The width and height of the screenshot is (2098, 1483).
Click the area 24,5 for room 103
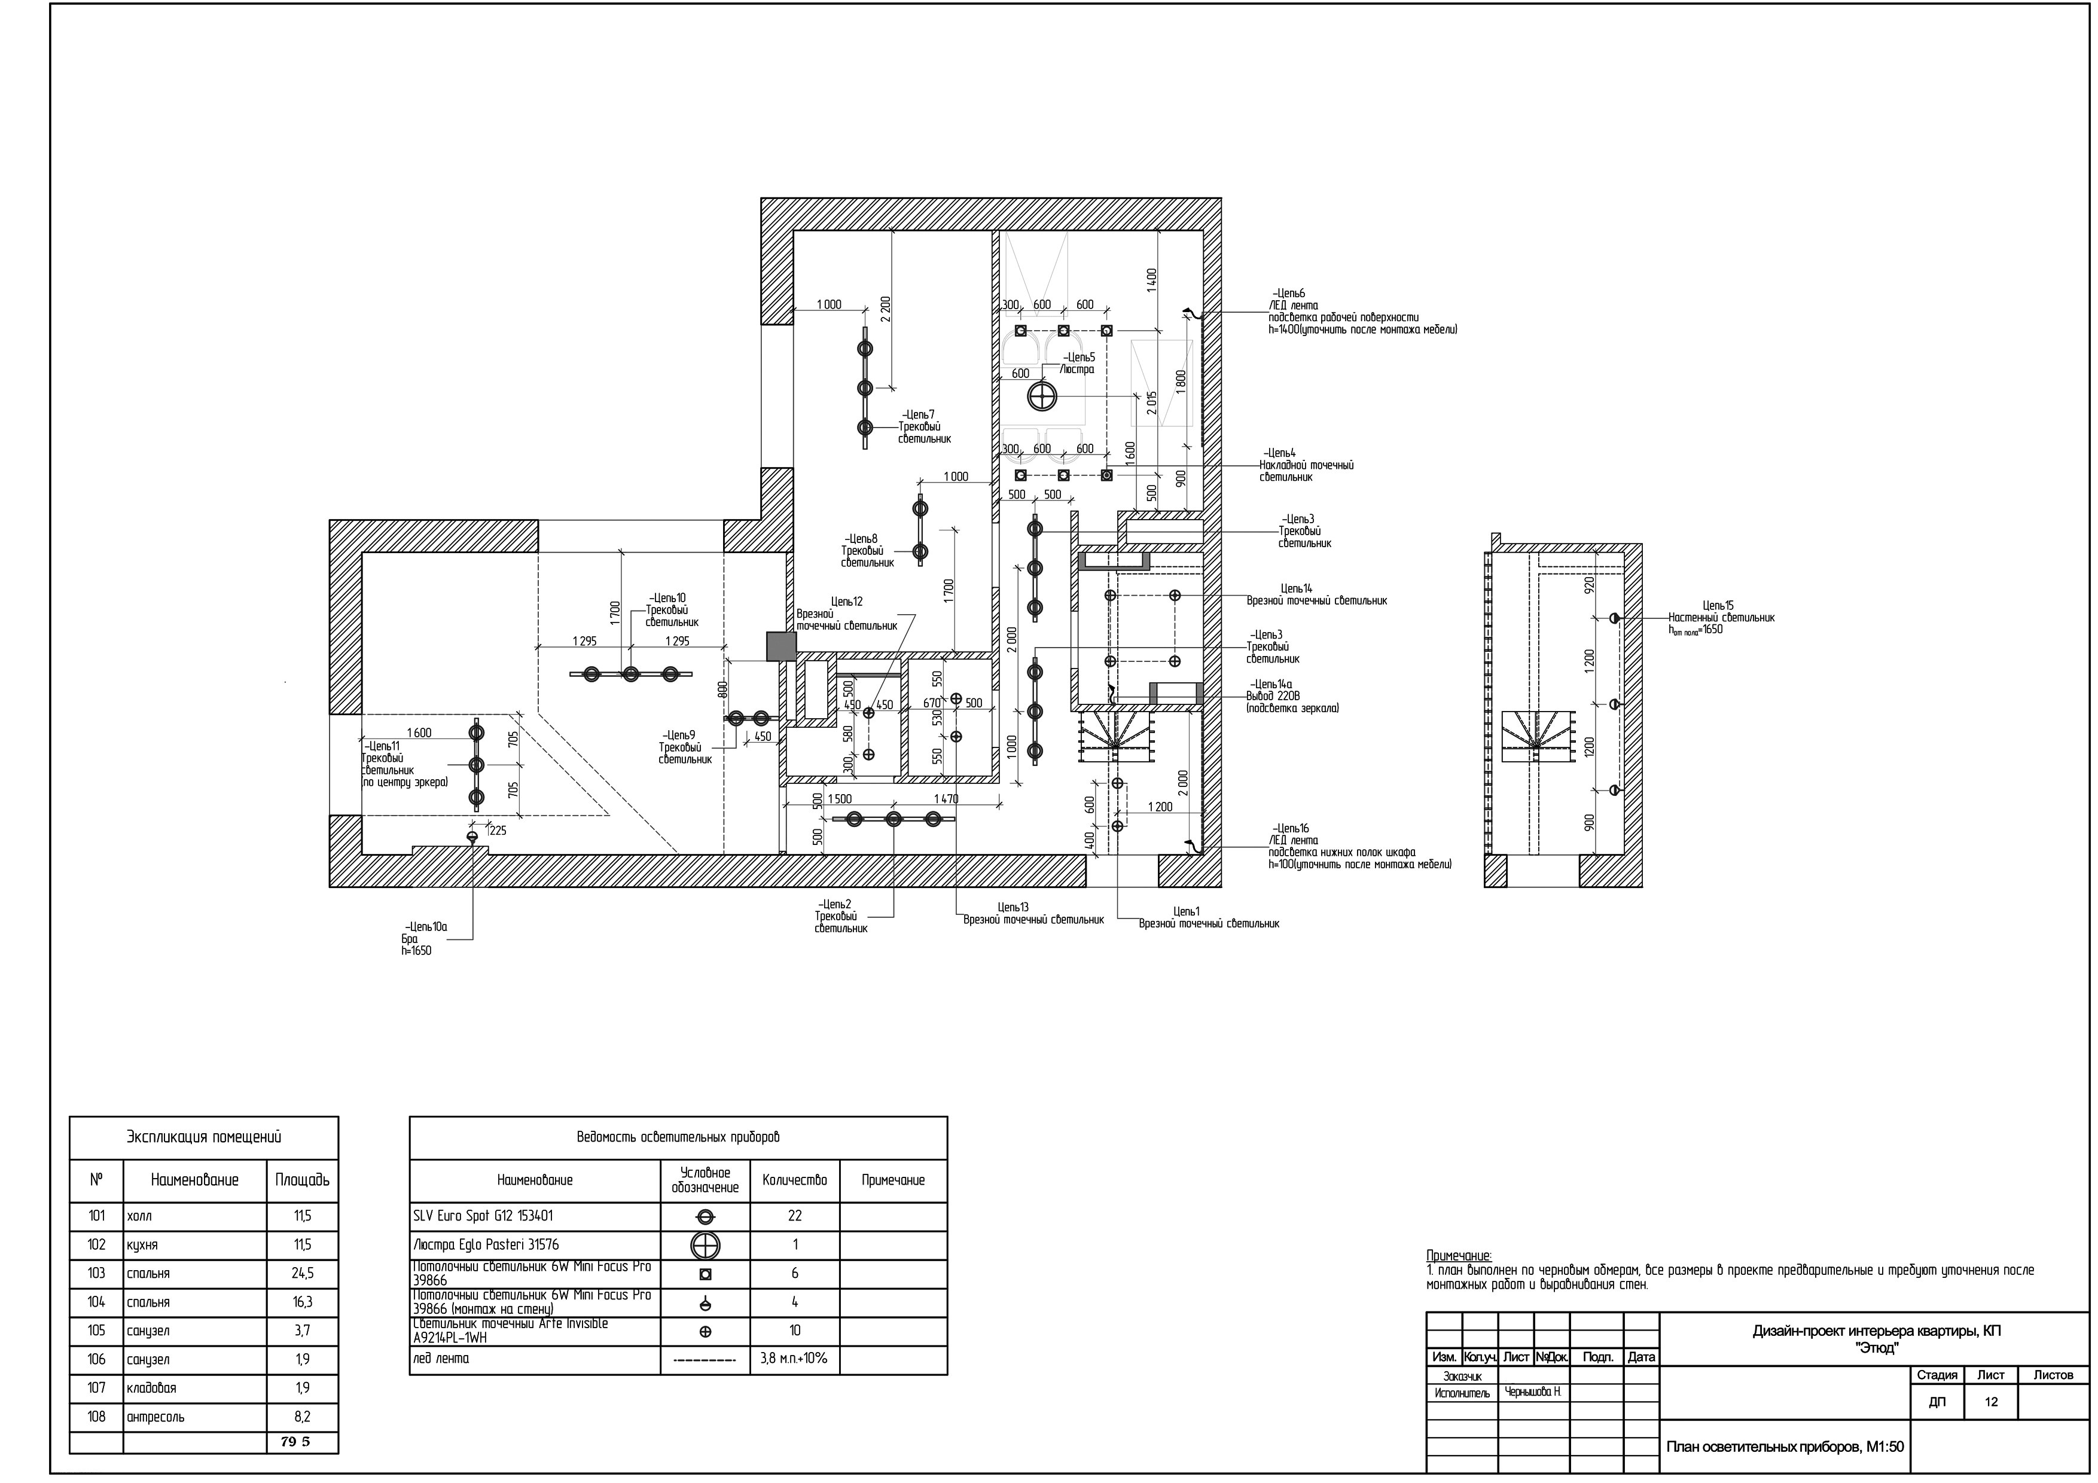[303, 1273]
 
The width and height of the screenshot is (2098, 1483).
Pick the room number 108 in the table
[97, 1416]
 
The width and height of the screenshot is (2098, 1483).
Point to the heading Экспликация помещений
[204, 1137]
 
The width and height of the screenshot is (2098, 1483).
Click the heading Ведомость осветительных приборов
[678, 1137]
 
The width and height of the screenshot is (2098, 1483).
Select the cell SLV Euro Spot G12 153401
[483, 1216]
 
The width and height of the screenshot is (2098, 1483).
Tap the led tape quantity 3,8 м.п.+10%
[794, 1359]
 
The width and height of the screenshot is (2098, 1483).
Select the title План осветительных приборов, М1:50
[1785, 1447]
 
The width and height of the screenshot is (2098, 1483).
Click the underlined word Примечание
[1458, 1256]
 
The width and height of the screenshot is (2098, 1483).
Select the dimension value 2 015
[1152, 403]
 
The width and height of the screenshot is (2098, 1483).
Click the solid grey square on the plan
[781, 647]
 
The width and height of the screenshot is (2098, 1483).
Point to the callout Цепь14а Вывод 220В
[1292, 696]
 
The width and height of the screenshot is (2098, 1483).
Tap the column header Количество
[794, 1180]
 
